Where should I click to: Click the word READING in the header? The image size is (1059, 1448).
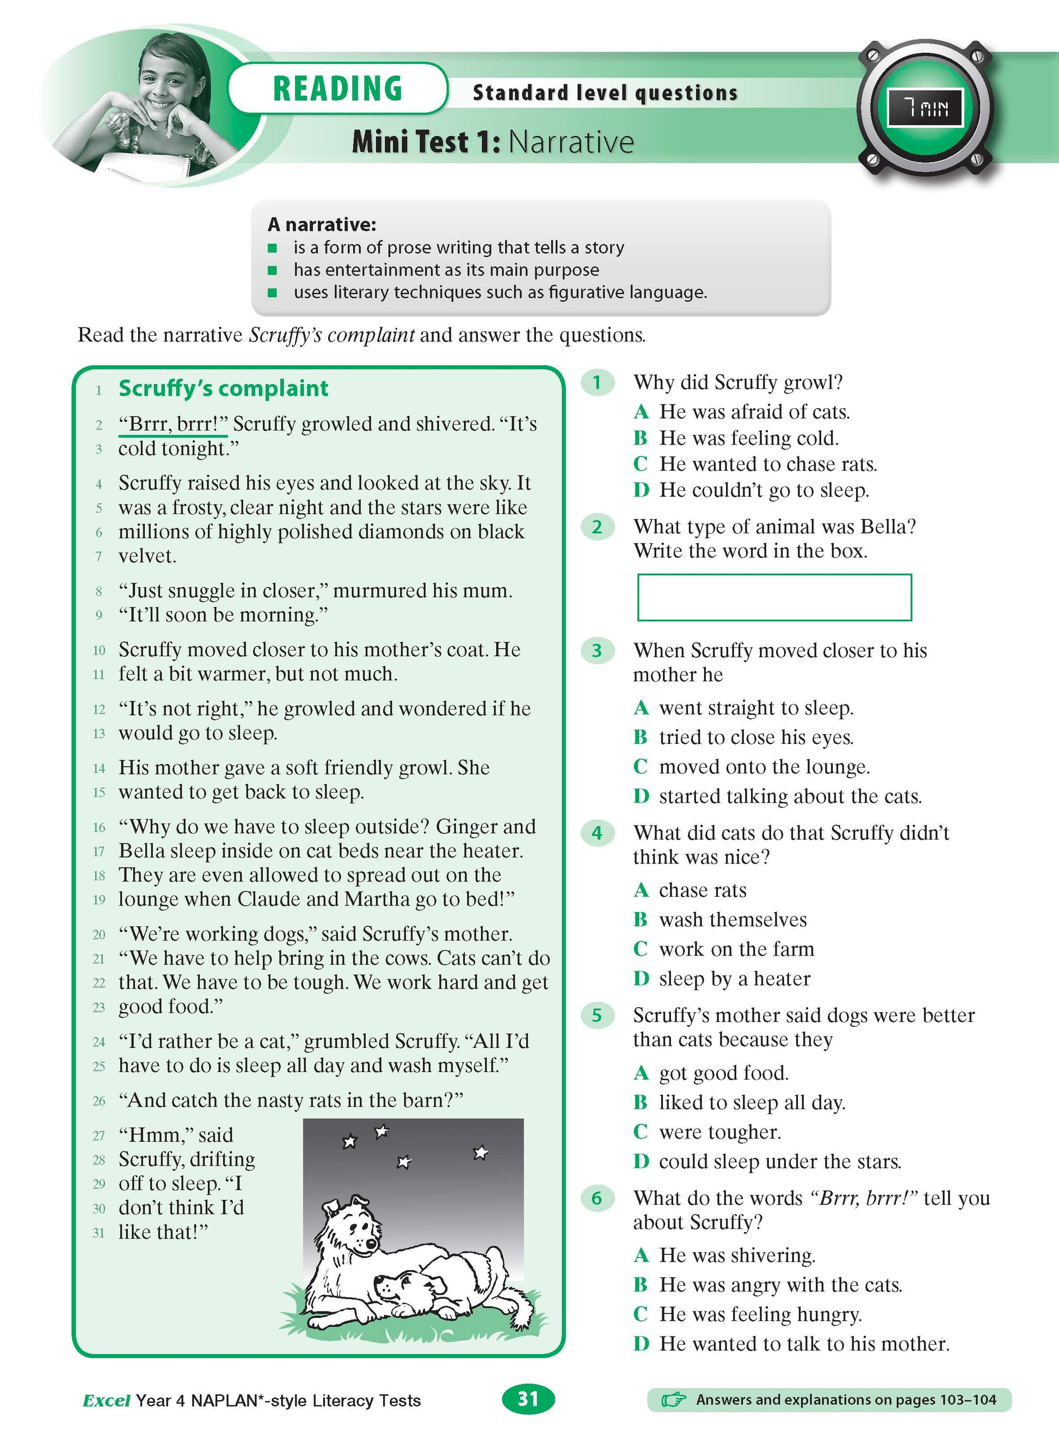[x=337, y=89]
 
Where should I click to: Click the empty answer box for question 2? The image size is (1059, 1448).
[x=774, y=597]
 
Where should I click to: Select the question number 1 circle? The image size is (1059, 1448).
[x=597, y=383]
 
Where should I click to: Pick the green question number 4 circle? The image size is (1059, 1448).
[x=597, y=833]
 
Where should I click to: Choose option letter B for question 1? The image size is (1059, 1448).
[x=641, y=439]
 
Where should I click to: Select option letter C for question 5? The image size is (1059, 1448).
[x=641, y=1132]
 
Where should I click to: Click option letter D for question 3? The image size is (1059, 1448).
[x=641, y=797]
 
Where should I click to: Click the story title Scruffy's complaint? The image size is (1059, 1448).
[x=223, y=389]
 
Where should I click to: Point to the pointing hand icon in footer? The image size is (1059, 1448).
[x=673, y=1400]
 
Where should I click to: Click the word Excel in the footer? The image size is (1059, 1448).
[x=107, y=1401]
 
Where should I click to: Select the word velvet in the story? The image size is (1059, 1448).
[x=147, y=556]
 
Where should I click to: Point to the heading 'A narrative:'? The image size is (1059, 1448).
[x=322, y=224]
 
